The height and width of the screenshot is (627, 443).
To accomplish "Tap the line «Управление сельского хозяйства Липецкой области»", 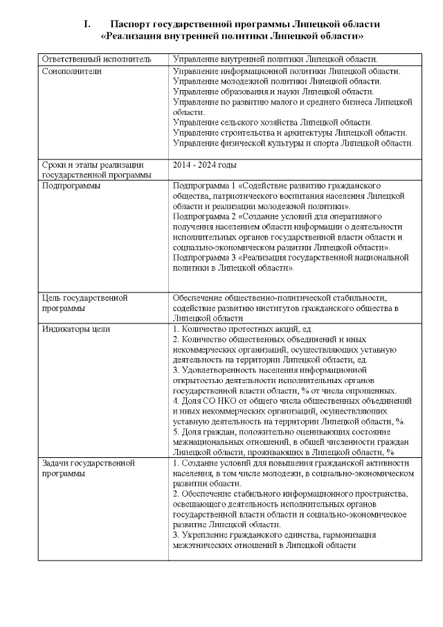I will click(272, 122).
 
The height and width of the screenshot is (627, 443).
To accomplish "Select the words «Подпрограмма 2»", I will click(206, 216).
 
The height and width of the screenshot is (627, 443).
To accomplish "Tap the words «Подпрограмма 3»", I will click(206, 257).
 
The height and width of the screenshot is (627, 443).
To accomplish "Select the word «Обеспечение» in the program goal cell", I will click(202, 298).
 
